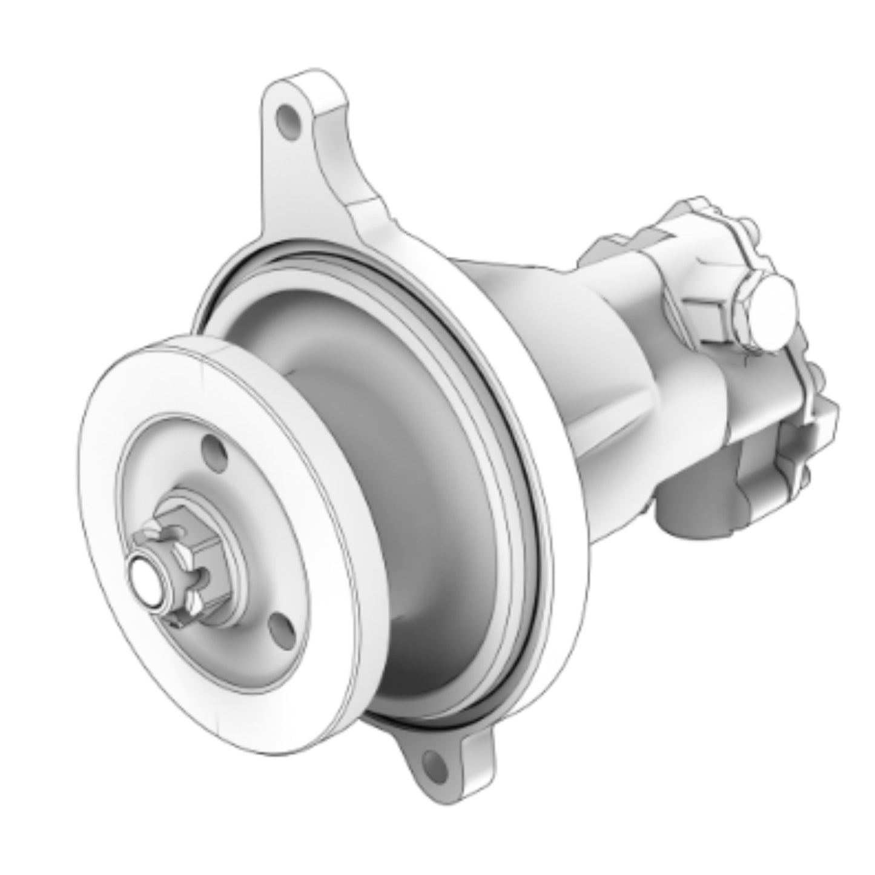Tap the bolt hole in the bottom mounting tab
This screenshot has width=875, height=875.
coord(432,761)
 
